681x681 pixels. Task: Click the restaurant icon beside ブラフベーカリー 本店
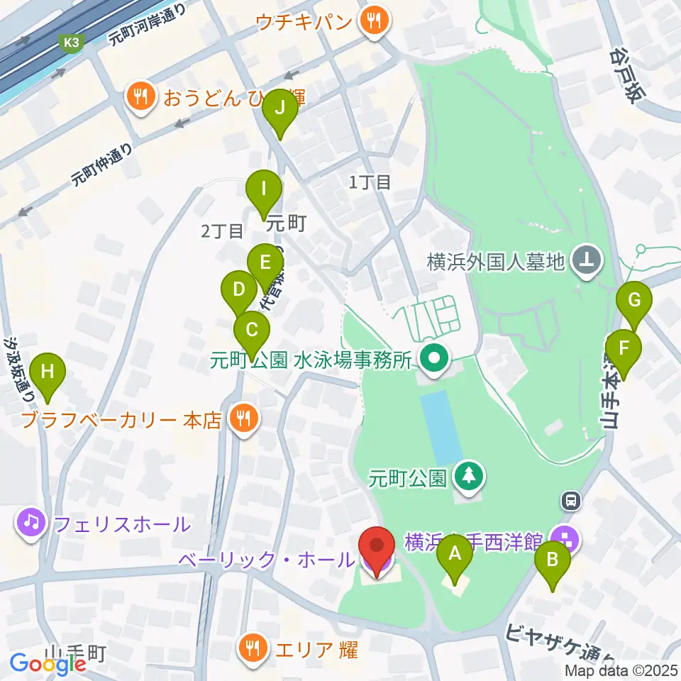243,419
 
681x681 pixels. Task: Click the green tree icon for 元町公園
469,478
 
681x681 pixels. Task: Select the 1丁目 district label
370,182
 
